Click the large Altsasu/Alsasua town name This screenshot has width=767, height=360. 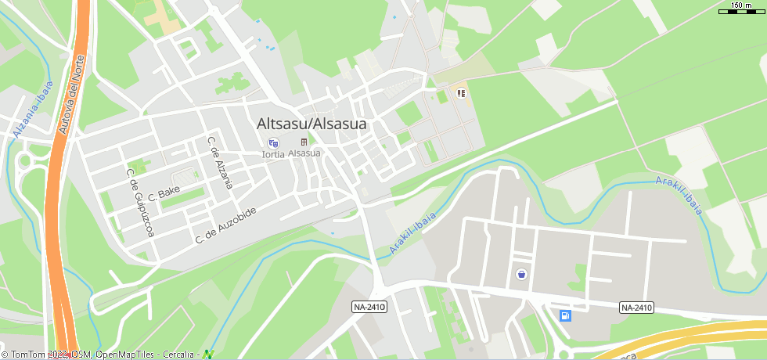311,124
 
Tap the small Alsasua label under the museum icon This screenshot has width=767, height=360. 304,153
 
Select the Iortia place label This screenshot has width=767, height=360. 272,154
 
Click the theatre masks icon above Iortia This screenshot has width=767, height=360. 273,142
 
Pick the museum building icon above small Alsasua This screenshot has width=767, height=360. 304,142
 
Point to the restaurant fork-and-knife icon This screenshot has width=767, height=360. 462,93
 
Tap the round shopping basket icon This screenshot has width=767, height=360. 521,274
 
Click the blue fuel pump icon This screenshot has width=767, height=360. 565,315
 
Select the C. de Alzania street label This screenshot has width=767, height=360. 220,163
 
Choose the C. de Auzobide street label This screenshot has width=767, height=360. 226,224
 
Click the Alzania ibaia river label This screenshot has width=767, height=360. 33,110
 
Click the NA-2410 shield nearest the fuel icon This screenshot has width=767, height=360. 636,308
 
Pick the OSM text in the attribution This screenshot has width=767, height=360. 82,355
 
